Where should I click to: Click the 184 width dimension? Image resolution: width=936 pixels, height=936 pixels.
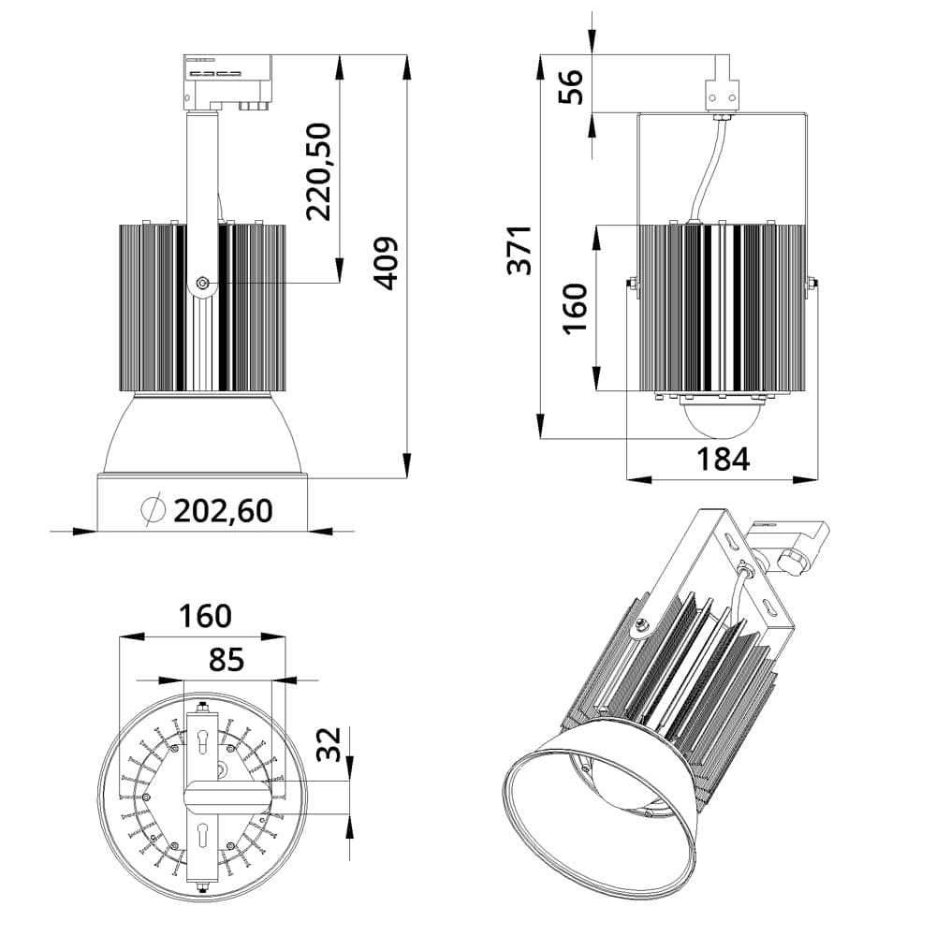[723, 459]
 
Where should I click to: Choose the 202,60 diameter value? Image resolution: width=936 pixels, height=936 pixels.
[224, 510]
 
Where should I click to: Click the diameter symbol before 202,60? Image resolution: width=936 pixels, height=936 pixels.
[153, 509]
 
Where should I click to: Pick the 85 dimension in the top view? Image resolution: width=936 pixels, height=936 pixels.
[226, 660]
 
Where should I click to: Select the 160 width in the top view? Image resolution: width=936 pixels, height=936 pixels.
[205, 616]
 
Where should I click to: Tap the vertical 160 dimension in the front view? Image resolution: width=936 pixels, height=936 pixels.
[574, 307]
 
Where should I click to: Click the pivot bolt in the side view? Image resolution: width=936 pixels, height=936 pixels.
[202, 283]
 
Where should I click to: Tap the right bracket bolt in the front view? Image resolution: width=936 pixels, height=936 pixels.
[812, 284]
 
